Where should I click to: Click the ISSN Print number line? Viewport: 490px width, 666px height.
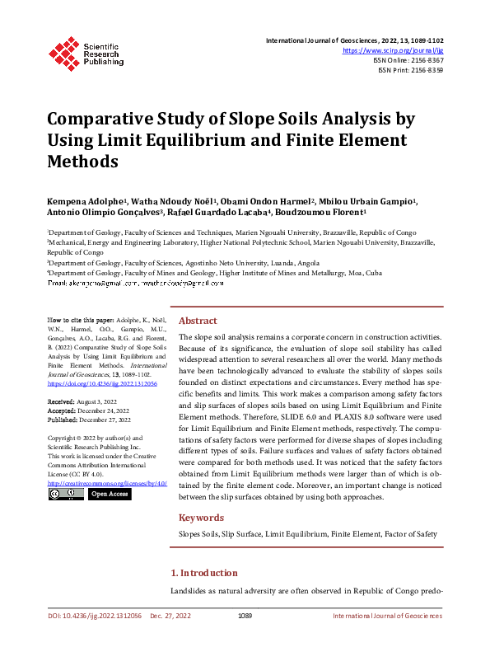point(415,70)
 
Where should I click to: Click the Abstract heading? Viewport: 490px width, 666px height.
point(198,321)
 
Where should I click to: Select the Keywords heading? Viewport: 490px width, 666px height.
point(202,518)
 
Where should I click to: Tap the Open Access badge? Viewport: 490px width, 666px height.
point(109,494)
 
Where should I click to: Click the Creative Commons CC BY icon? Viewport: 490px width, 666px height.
point(66,494)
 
